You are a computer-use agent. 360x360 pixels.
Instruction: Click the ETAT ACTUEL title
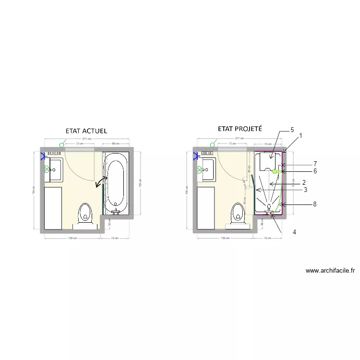click(x=86, y=131)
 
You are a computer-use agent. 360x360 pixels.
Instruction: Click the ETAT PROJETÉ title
click(x=240, y=129)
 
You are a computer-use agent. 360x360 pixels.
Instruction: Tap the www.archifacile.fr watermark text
click(x=330, y=271)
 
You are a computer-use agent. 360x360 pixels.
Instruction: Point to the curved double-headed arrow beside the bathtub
click(x=101, y=181)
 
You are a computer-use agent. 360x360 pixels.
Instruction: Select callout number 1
click(x=301, y=136)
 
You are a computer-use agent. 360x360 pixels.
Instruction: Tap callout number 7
click(x=315, y=164)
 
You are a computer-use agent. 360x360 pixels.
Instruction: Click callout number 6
click(x=315, y=171)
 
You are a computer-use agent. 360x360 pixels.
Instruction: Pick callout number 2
click(x=304, y=182)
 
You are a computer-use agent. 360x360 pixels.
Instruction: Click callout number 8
click(x=314, y=204)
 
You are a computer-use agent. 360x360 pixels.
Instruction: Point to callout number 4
click(x=294, y=232)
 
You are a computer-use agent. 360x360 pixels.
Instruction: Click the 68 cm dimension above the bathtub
click(x=116, y=143)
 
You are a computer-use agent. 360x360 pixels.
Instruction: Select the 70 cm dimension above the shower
click(x=268, y=143)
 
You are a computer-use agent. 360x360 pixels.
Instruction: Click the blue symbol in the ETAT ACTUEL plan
click(x=43, y=156)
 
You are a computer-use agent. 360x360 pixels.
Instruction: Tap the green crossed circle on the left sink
click(x=47, y=168)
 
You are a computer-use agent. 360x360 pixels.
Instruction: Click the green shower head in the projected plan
click(x=276, y=171)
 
